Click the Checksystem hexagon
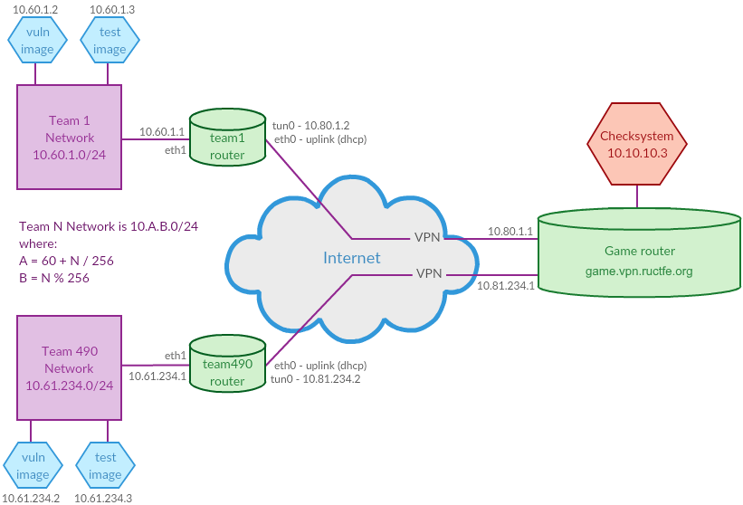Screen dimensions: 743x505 coord(637,144)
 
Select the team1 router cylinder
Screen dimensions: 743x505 coord(227,138)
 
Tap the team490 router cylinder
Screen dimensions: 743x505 coord(227,363)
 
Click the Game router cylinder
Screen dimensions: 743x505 coord(639,252)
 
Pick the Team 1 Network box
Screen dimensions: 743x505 coord(69,137)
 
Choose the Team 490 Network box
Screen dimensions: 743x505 coord(69,367)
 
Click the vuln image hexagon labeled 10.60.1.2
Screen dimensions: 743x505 coord(37,41)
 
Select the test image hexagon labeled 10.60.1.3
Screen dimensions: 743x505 coord(110,41)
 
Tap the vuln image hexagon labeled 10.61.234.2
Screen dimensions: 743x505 coord(33,466)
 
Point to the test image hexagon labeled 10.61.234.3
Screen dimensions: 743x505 coord(105,466)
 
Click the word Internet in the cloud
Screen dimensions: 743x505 coord(352,258)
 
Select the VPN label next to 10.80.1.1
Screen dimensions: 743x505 coord(427,237)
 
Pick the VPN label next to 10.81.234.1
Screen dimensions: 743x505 coord(429,273)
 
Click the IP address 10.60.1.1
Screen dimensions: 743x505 coord(162,132)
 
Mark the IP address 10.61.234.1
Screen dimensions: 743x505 coord(157,376)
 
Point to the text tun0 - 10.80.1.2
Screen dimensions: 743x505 coord(310,126)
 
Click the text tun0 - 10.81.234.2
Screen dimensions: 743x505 coord(316,379)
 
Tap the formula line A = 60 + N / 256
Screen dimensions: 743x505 coord(66,261)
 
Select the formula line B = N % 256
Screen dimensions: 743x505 coord(54,278)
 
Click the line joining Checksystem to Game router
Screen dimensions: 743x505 coord(637,196)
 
